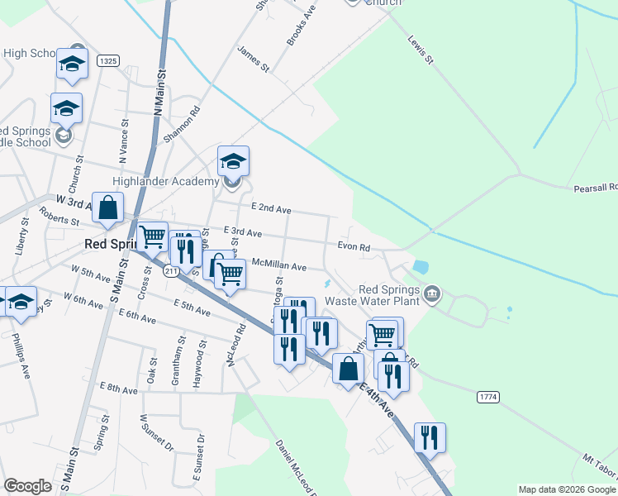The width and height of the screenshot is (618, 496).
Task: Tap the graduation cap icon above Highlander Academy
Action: (x=233, y=160)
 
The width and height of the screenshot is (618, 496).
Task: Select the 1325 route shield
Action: (x=108, y=60)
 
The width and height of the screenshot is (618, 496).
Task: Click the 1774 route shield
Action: (x=488, y=398)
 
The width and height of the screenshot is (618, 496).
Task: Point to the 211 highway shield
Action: (x=171, y=271)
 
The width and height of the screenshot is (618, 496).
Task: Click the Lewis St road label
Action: (x=422, y=50)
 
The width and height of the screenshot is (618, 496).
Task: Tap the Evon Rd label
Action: (x=354, y=246)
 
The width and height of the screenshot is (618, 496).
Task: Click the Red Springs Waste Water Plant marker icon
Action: (x=432, y=294)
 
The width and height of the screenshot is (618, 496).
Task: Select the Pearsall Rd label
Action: (x=595, y=188)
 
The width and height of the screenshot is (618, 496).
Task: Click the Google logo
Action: (x=27, y=486)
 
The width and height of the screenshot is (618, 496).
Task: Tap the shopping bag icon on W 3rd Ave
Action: (x=108, y=208)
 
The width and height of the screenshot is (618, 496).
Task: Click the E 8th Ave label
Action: (x=118, y=388)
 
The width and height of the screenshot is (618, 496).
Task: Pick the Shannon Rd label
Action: (x=183, y=125)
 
